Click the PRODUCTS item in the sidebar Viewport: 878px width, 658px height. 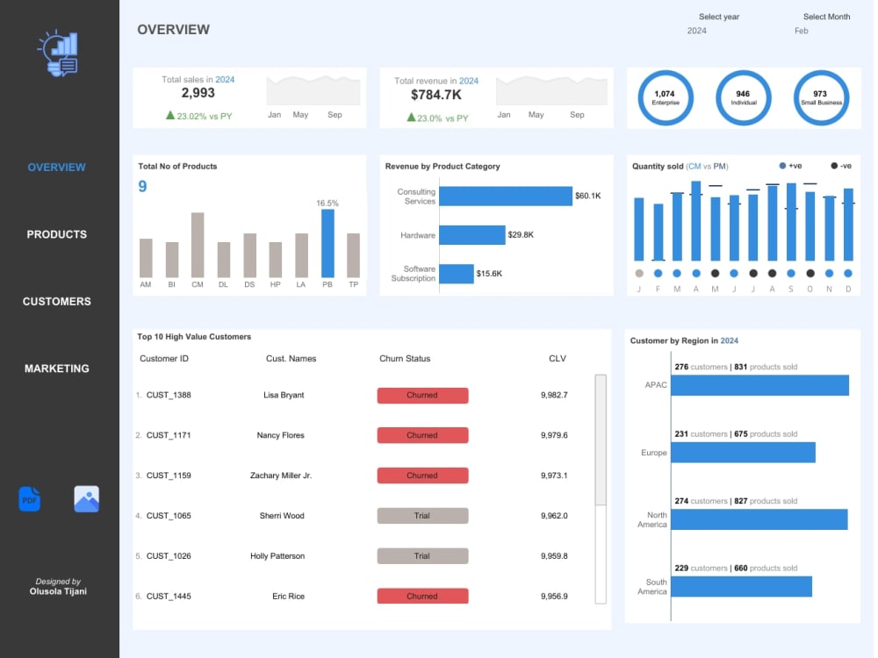tap(56, 234)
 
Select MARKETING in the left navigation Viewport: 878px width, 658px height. tap(56, 368)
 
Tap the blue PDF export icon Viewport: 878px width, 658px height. tap(30, 499)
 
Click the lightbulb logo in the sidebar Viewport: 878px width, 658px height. tap(58, 54)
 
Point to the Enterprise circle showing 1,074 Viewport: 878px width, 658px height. tap(666, 98)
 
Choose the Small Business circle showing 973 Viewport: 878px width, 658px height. tap(821, 98)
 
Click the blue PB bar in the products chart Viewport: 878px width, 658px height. tap(327, 243)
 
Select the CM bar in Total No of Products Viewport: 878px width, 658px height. tap(197, 245)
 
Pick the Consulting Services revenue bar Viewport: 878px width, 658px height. tap(506, 196)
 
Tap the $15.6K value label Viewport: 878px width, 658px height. tap(489, 274)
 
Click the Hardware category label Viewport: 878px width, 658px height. tap(418, 235)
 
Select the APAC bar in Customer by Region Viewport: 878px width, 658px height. tap(759, 385)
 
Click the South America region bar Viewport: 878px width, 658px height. tap(741, 586)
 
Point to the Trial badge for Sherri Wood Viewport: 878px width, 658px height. tap(423, 516)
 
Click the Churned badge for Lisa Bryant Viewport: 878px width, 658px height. tap(423, 395)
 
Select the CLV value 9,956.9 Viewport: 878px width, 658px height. tap(554, 597)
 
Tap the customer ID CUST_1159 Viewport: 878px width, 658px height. tap(169, 476)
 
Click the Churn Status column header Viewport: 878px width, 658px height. tap(405, 359)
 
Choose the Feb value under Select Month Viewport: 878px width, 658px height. tap(802, 31)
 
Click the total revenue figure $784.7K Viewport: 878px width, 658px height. tap(436, 95)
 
